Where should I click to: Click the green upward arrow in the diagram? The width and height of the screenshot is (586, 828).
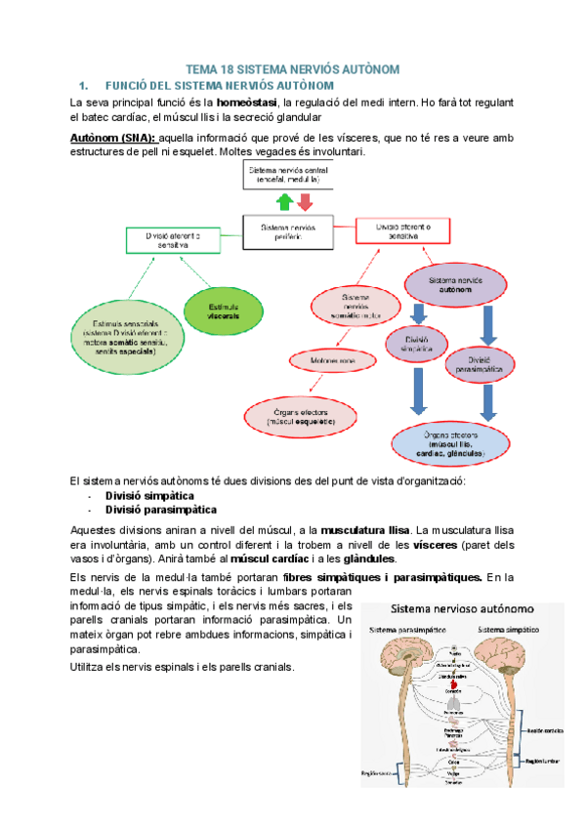(x=283, y=202)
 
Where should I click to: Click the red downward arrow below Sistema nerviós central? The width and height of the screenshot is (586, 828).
(x=304, y=202)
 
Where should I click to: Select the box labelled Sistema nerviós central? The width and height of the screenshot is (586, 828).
(x=292, y=177)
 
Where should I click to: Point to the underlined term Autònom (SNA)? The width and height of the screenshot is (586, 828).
(x=113, y=138)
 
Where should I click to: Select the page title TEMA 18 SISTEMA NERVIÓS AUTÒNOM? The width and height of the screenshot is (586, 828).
(x=292, y=70)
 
